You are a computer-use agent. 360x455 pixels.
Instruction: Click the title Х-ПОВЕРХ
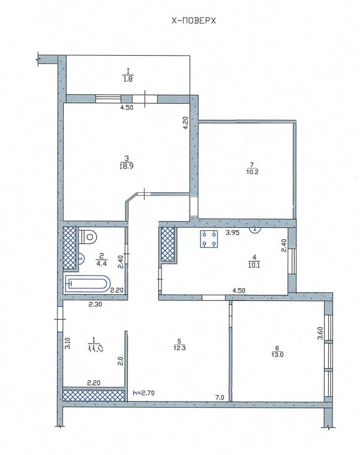[194, 20]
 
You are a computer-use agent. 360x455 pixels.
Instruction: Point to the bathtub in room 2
[88, 284]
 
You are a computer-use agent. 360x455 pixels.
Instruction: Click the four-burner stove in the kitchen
[209, 239]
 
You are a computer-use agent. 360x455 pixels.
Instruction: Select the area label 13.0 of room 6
[277, 354]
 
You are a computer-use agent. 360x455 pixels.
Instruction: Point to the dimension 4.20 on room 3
[186, 123]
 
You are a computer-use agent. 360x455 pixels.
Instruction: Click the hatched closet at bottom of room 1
[94, 395]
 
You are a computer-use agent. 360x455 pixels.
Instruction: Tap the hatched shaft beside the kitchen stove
[167, 245]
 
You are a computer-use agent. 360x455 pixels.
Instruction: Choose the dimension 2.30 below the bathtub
[95, 305]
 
